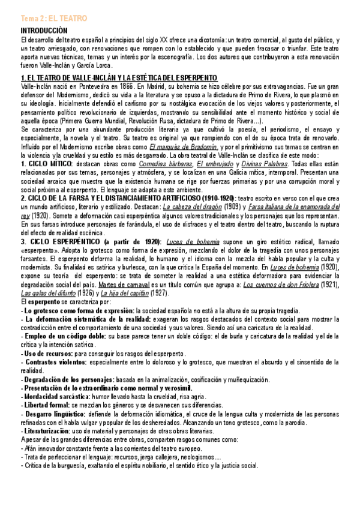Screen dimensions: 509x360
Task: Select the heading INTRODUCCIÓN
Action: tap(44, 29)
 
